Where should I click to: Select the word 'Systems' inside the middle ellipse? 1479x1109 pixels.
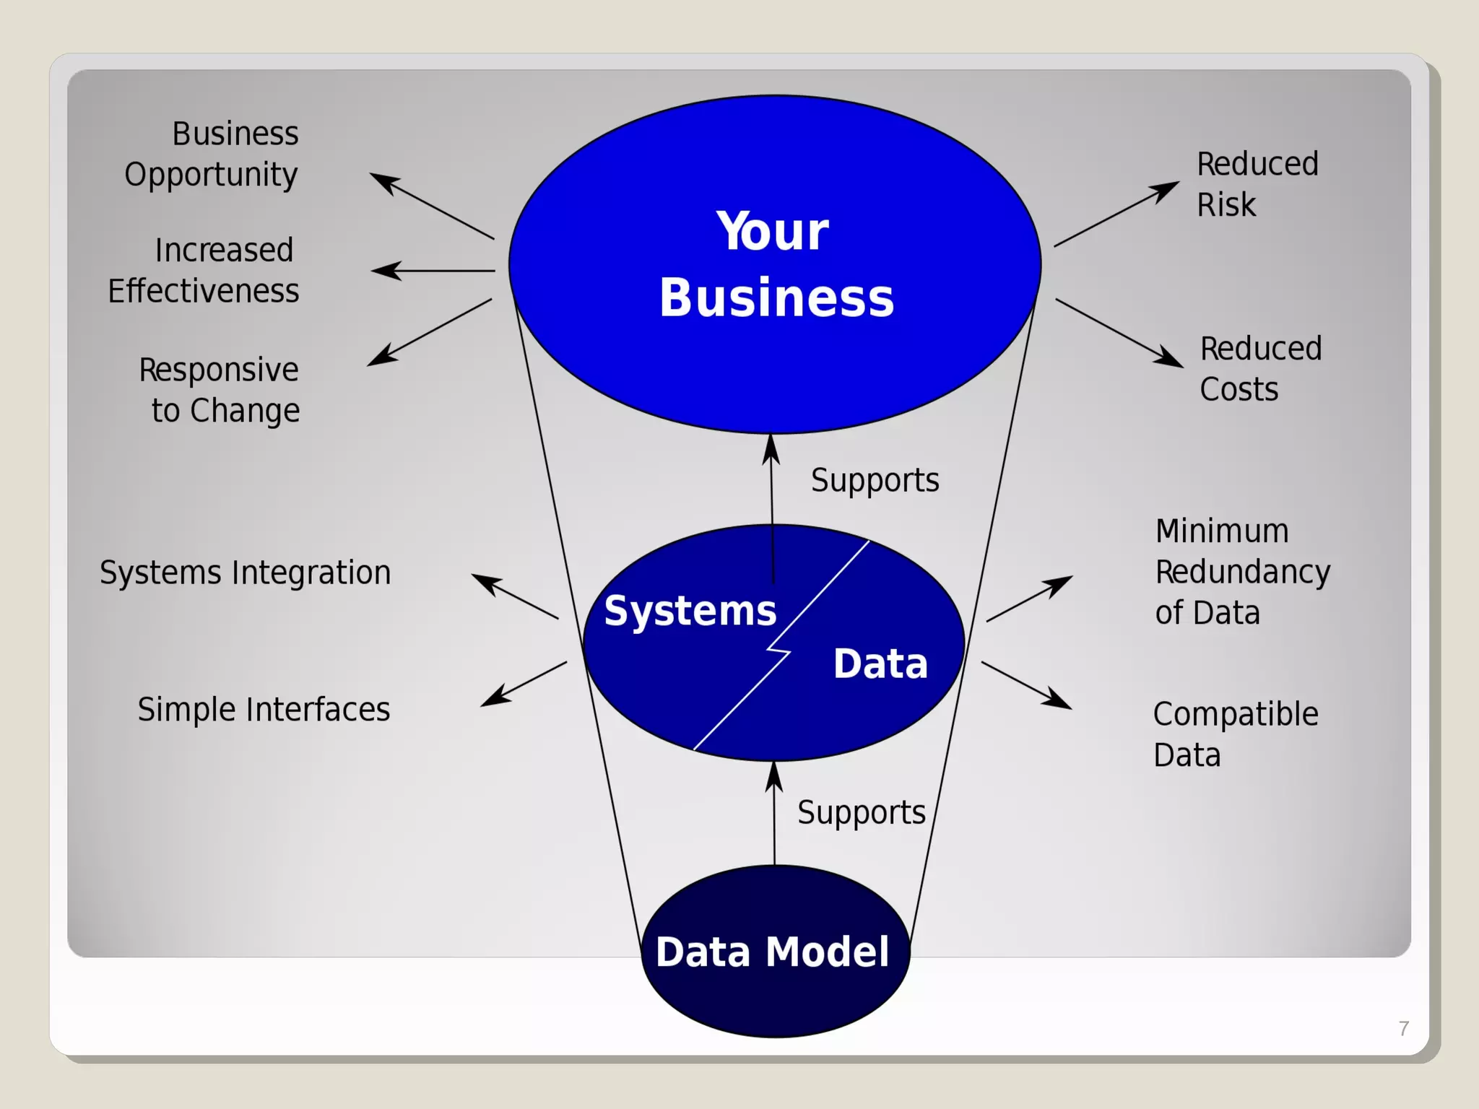(690, 612)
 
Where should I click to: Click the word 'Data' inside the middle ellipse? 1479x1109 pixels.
(880, 664)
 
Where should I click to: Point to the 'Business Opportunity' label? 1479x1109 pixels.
(212, 154)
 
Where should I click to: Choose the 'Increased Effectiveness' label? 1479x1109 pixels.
(204, 271)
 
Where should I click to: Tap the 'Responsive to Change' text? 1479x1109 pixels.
(220, 390)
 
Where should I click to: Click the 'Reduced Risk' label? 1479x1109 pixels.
(1257, 184)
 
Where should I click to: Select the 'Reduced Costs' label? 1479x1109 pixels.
(1260, 369)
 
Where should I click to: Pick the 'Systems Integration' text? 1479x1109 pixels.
(246, 573)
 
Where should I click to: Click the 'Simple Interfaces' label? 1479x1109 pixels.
(264, 710)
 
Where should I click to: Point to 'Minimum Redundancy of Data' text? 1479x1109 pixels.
(1242, 572)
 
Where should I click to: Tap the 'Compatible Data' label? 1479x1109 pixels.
(1235, 734)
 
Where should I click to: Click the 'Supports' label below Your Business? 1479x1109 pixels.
(875, 481)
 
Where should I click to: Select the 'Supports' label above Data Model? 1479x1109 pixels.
(861, 813)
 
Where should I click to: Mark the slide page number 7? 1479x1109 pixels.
(1403, 1028)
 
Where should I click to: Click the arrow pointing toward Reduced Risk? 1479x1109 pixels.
(1116, 214)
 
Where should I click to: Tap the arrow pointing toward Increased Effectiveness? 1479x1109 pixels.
(433, 271)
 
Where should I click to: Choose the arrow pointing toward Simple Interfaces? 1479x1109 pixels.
(524, 683)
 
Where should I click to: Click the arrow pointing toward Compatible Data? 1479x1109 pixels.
(1026, 685)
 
